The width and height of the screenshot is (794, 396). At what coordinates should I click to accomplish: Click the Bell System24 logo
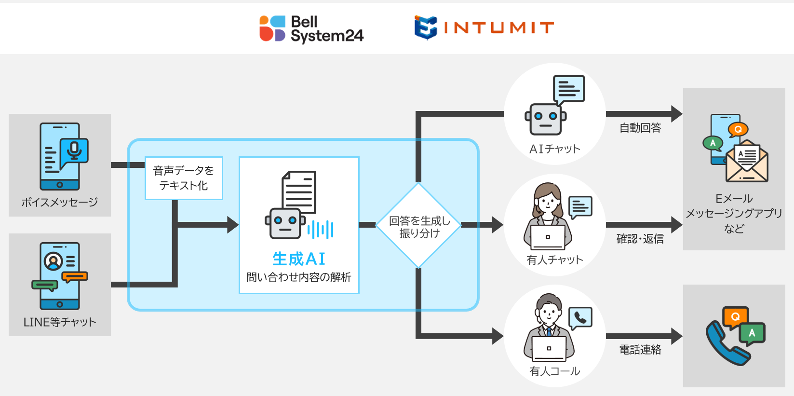311,29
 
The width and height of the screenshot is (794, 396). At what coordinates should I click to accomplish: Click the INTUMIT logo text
498,27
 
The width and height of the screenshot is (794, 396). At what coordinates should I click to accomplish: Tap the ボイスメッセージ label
60,202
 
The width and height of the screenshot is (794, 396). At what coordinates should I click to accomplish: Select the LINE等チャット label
60,322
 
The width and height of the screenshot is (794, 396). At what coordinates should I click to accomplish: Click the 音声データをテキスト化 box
184,178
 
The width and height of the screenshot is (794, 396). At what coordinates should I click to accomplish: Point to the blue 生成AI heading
298,259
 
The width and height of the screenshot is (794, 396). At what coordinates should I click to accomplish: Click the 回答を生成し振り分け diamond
418,225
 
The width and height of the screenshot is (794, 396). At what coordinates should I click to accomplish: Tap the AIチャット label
554,149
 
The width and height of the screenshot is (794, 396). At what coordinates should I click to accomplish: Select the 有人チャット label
554,260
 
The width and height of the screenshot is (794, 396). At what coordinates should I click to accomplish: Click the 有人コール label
554,371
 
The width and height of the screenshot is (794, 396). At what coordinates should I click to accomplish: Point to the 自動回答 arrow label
640,128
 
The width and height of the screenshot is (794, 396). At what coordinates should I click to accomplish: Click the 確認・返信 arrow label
640,239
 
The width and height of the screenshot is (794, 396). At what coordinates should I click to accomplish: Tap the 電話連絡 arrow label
640,350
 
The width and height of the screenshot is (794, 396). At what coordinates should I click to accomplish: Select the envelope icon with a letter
747,161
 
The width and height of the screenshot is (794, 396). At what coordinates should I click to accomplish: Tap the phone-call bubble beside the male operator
580,318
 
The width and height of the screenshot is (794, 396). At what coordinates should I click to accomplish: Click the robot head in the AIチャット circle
546,119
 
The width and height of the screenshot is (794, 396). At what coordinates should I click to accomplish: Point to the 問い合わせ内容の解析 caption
298,277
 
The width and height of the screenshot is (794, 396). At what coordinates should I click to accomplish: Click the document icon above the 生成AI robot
299,192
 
